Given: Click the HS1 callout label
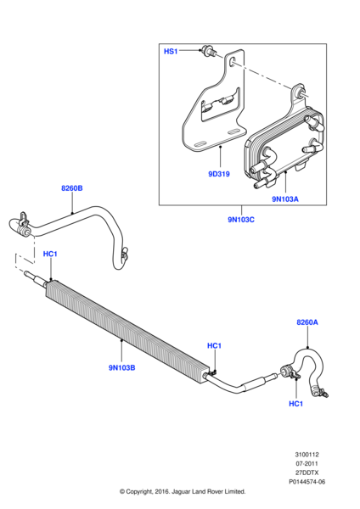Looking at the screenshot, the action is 171,51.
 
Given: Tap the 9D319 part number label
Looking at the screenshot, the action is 219,174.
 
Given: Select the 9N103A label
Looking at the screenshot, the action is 285,199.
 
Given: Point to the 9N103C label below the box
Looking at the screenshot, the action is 241,220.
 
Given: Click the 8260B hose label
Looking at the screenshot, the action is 72,188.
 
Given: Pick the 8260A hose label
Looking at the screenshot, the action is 307,322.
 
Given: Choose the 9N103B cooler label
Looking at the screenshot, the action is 122,368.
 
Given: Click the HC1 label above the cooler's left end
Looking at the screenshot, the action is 50,254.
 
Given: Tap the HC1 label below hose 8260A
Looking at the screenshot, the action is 295,404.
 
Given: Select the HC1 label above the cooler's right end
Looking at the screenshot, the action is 214,346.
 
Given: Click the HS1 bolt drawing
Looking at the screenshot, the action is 206,50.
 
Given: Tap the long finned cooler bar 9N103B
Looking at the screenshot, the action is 127,327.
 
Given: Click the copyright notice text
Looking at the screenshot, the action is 183,491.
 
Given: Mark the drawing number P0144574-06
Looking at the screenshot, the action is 307,482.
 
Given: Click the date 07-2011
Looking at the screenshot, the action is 307,463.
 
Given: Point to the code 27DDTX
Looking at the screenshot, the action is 307,473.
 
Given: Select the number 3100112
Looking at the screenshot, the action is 307,455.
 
